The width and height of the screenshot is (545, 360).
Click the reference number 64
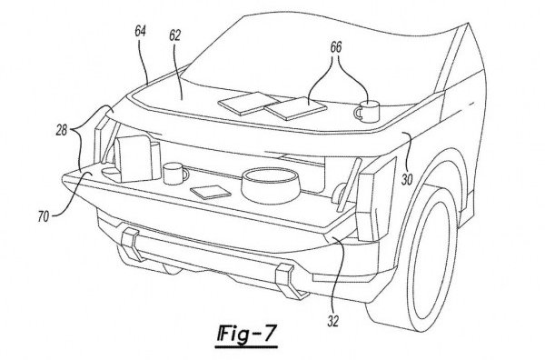point(141,31)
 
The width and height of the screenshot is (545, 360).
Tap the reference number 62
point(174,35)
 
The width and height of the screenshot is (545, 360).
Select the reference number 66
point(336,47)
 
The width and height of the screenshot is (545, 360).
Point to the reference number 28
point(62,130)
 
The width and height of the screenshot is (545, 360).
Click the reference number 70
point(43,217)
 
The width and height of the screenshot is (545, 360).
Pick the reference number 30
point(407,180)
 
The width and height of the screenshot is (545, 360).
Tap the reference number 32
point(333,321)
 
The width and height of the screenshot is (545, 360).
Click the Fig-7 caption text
point(246,334)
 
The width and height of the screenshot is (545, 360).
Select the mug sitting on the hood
point(367,111)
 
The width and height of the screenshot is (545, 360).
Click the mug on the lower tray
point(174,174)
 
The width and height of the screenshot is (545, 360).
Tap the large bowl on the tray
point(271,186)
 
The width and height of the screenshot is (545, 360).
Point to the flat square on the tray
point(211,192)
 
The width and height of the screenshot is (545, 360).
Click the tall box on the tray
point(136,158)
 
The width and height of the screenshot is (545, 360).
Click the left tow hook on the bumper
point(132,245)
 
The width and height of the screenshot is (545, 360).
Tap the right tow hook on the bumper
point(289,280)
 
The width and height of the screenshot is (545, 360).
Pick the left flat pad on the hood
point(247,103)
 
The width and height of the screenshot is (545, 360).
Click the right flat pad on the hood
point(295,108)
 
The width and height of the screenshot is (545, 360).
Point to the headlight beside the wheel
point(377,198)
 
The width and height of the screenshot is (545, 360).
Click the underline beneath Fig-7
point(246,346)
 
